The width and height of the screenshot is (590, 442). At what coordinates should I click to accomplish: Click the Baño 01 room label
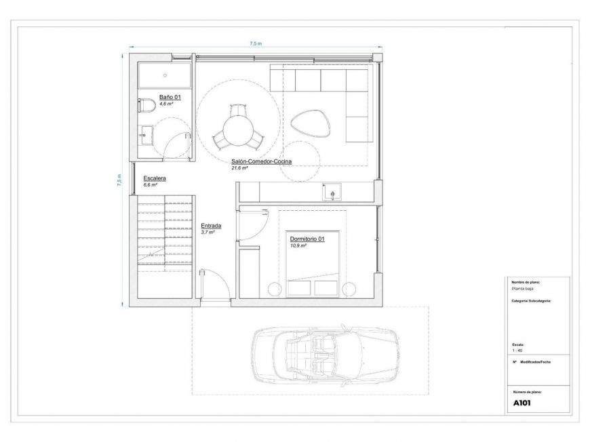point(170,97)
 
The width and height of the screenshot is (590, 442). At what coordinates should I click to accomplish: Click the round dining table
point(237,131)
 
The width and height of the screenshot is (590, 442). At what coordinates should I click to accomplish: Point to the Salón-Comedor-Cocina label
point(262,161)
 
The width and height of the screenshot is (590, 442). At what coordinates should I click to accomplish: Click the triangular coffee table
point(311,123)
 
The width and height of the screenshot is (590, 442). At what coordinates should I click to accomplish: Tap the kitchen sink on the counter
point(332,193)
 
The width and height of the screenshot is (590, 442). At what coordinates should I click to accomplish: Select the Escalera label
point(155,178)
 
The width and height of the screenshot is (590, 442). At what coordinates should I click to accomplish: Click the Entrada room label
point(211,226)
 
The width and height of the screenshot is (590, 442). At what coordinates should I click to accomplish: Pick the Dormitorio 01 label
point(307,239)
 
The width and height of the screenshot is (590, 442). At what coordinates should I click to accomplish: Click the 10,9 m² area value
point(298,245)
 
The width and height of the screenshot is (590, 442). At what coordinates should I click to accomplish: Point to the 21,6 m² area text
point(239,168)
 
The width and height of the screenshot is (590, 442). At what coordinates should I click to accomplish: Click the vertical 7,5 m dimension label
point(119,180)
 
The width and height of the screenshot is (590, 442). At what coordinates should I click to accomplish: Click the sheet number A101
point(522,403)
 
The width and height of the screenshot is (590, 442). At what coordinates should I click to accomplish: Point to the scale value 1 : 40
point(517,350)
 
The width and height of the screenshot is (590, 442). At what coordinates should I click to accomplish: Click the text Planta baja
point(523,289)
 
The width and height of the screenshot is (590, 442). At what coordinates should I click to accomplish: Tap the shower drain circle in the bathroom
point(165,75)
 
